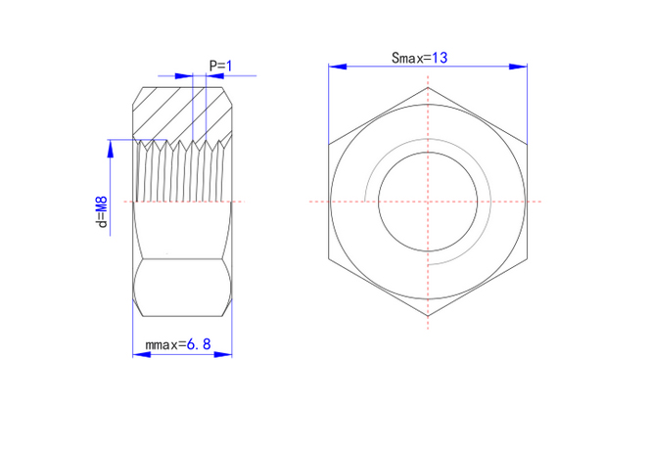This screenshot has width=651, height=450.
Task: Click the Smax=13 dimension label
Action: (419, 58)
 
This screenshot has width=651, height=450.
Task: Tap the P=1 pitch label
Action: (221, 66)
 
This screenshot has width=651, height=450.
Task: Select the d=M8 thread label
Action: (102, 212)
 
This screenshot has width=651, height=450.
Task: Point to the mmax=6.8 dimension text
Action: (178, 344)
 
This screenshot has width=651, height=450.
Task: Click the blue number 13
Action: (440, 58)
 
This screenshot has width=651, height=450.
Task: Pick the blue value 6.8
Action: (199, 344)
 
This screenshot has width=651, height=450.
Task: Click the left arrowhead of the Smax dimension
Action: (337, 67)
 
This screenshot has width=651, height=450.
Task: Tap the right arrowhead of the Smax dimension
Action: (518, 67)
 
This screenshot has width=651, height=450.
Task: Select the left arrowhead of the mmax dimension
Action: (142, 354)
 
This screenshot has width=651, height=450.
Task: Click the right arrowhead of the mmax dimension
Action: (223, 354)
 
